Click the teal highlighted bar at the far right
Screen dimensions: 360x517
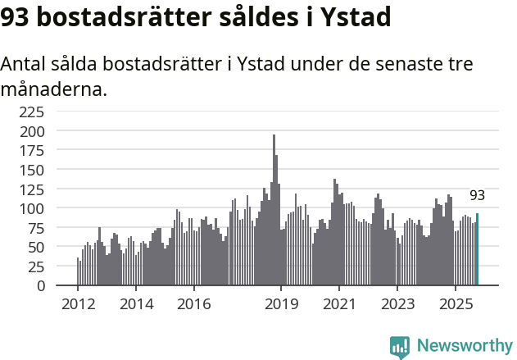(477, 249)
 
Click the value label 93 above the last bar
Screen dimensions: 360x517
(477, 195)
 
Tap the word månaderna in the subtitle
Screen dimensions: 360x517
(54, 89)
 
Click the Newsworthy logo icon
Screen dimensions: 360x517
(400, 347)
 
